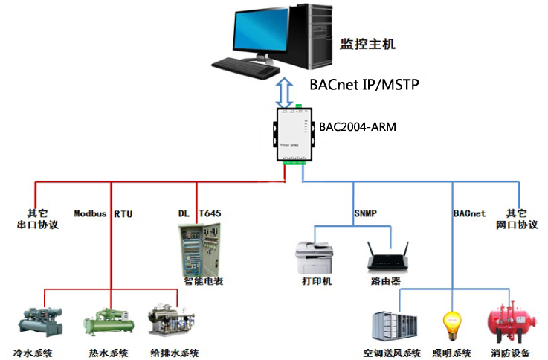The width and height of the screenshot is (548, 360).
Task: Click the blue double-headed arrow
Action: pyautogui.click(x=284, y=92)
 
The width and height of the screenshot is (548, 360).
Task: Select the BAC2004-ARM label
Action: pyautogui.click(x=358, y=127)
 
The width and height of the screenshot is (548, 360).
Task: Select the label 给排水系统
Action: pyautogui.click(x=174, y=352)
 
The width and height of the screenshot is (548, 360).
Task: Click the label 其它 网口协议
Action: pyautogui.click(x=515, y=219)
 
